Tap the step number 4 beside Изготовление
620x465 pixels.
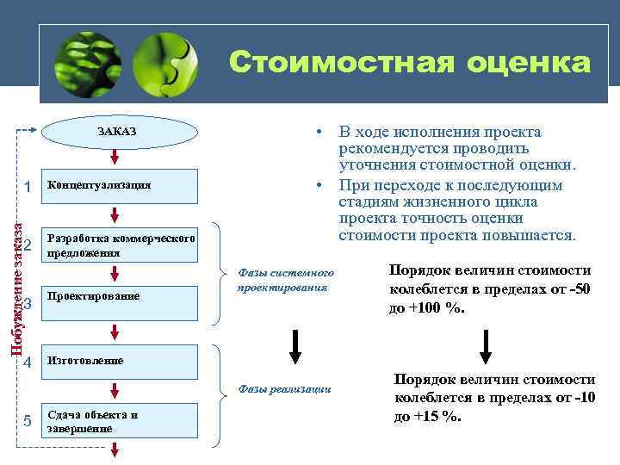28,362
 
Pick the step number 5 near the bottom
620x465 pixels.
28,421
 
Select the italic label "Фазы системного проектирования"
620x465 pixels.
284,280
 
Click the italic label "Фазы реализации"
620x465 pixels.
284,389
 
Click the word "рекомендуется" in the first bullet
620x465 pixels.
385,148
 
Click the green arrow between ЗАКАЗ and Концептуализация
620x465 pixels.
115,159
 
